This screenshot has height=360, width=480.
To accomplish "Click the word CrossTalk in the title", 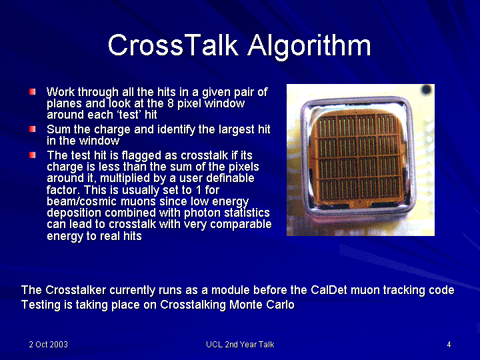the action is click(173, 45).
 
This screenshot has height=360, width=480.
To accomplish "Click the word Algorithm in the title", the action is click(309, 47).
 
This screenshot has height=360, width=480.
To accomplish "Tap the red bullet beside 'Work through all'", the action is click(33, 92).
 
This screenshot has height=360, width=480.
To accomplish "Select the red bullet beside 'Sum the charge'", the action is click(33, 129).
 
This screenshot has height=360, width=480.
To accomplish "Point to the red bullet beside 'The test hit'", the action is click(33, 155).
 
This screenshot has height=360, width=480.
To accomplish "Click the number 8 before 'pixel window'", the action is click(171, 103).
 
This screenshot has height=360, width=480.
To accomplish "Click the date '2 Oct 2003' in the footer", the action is click(49, 345).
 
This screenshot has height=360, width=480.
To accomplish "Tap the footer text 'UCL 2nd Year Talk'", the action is click(240, 345).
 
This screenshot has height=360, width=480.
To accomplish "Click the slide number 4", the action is click(449, 345).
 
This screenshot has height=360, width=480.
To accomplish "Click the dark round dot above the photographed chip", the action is click(427, 90).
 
